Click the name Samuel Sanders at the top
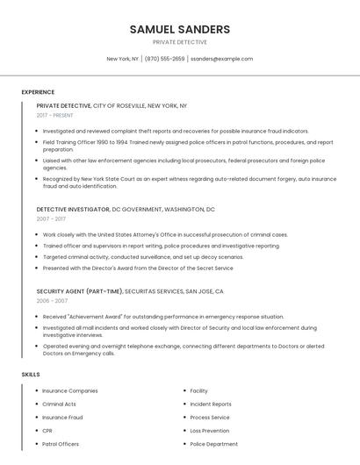pos(179,29)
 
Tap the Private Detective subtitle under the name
pos(179,42)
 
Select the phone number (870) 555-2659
pos(165,59)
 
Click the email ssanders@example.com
pos(221,59)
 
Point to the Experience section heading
pos(38,92)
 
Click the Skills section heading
pos(31,375)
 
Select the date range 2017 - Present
pos(56,115)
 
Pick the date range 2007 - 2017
pos(51,219)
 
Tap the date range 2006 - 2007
pos(52,300)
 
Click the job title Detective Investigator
pos(73,210)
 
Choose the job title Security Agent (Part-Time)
pos(80,290)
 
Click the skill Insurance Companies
pos(70,391)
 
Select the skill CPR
pos(47,431)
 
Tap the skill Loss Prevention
pos(209,431)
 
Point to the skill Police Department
pos(213,444)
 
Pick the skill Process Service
pos(209,418)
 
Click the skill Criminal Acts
pos(59,404)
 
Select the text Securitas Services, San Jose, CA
pos(174,290)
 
